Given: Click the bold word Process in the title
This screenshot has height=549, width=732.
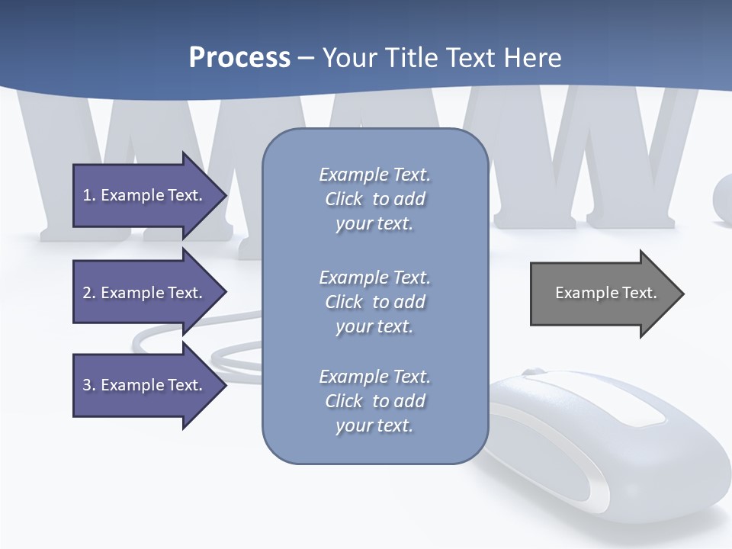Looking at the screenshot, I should click(239, 58).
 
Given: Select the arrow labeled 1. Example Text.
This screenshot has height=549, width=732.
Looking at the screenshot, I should click(145, 195).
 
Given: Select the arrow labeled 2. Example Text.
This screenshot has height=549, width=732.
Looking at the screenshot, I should click(145, 293).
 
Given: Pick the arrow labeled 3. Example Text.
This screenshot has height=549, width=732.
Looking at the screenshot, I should click(145, 385).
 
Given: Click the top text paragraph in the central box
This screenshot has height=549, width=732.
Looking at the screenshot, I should click(374, 199).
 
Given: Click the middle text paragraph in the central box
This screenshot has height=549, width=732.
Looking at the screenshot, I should click(374, 302).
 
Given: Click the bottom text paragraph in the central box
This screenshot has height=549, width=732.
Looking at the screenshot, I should click(374, 401).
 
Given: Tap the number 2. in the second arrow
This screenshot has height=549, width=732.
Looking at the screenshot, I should click(88, 293).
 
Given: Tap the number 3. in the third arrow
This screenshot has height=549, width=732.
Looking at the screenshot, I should click(88, 385).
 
